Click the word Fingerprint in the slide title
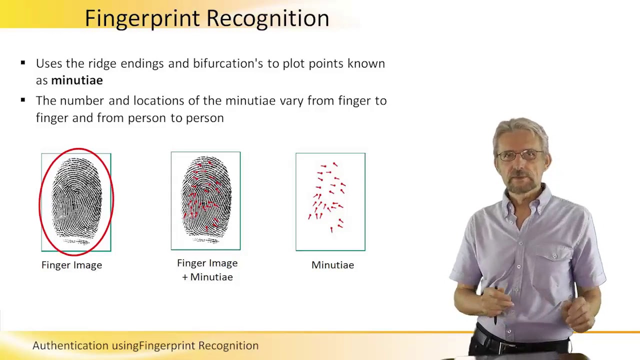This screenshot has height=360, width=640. click(x=143, y=18)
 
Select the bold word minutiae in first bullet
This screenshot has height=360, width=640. click(x=76, y=80)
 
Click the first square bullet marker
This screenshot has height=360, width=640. click(x=23, y=63)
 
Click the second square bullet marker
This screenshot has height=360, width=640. click(x=23, y=100)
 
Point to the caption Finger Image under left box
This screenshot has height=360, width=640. click(x=71, y=265)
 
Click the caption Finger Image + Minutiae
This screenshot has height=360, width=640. click(x=207, y=270)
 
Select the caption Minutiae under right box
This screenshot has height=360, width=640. click(x=332, y=265)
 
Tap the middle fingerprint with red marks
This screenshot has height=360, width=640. click(x=205, y=200)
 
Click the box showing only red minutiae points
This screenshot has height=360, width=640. click(x=330, y=201)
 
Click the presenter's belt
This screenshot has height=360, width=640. click(x=520, y=343)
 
